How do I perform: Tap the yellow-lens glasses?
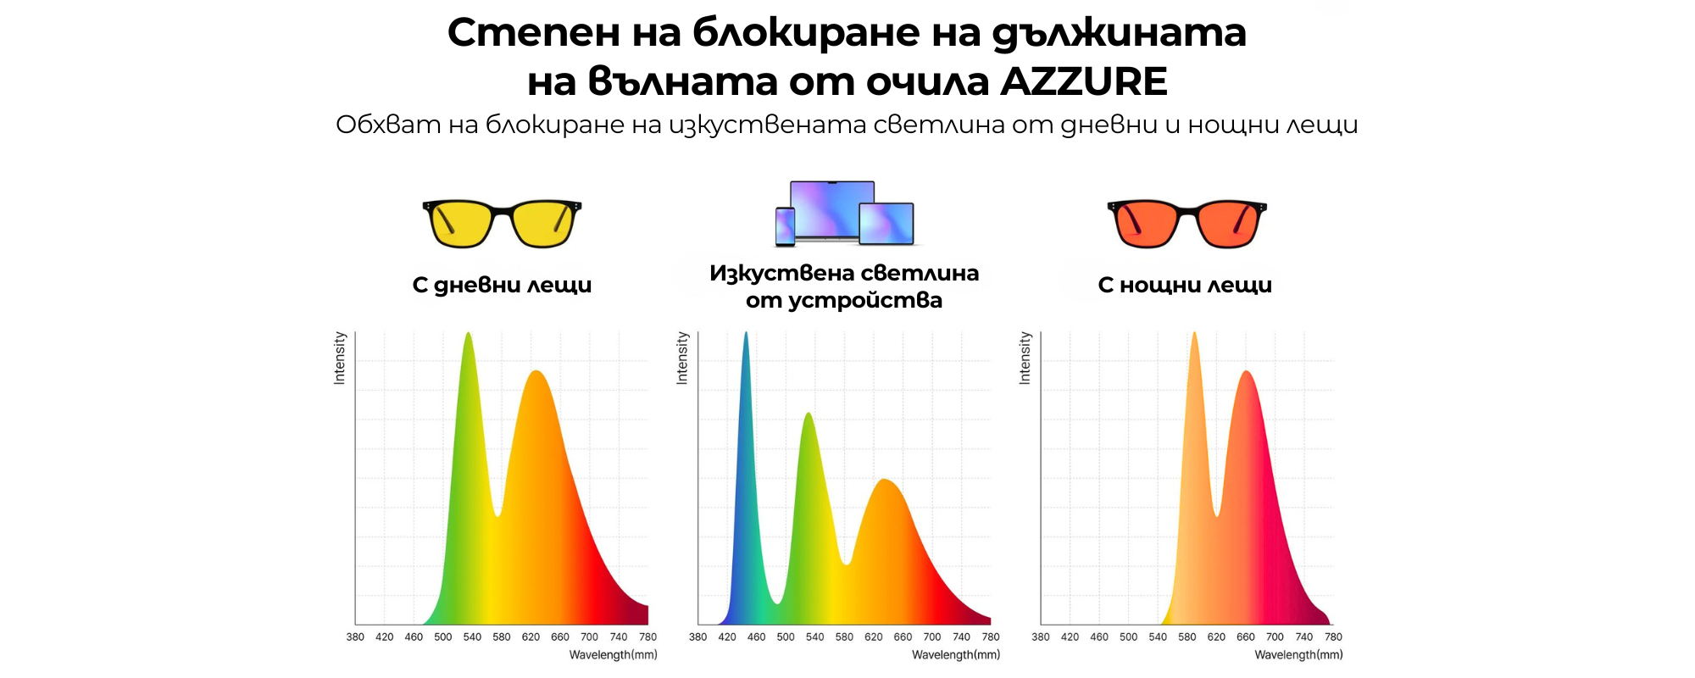click(502, 223)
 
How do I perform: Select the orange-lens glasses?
click(1186, 223)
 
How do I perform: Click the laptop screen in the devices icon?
click(831, 206)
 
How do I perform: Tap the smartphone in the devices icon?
click(786, 226)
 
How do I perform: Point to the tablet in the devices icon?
click(886, 224)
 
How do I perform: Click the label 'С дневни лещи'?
click(502, 286)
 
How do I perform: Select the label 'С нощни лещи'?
click(1185, 286)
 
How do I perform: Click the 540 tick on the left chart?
click(472, 637)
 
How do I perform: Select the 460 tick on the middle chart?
click(757, 637)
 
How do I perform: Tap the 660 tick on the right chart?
click(1246, 637)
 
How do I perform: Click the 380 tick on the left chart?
click(355, 637)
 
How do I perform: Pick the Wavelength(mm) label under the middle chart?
click(956, 655)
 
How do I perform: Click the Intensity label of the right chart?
click(1025, 358)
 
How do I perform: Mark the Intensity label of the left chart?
click(340, 358)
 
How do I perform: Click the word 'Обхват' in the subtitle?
click(388, 125)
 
